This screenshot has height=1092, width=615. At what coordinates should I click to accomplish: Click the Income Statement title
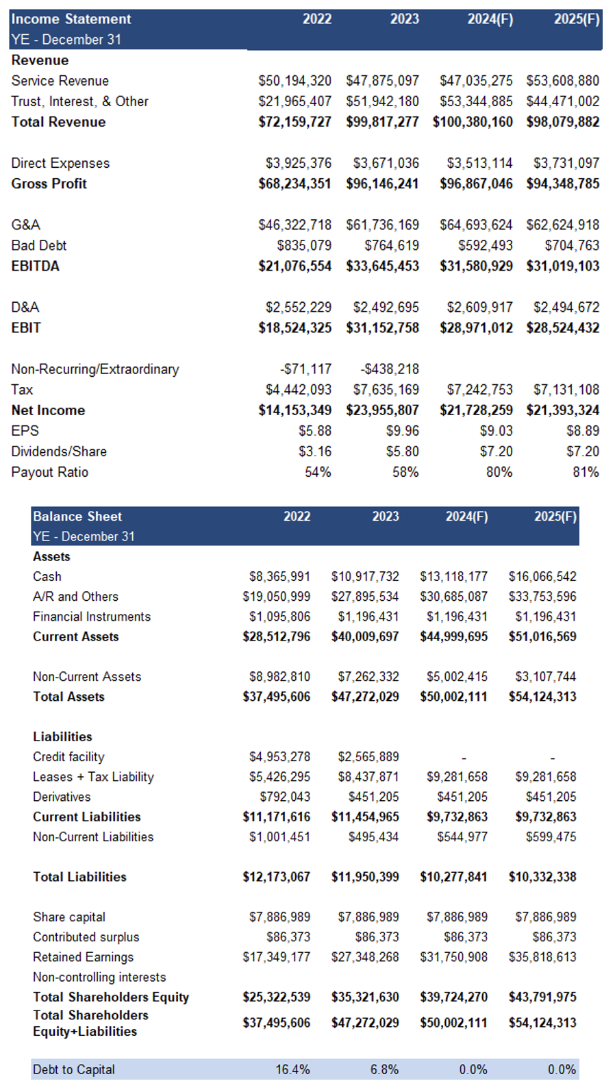pyautogui.click(x=71, y=19)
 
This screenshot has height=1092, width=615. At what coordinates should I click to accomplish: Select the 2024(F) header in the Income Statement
pyautogui.click(x=490, y=19)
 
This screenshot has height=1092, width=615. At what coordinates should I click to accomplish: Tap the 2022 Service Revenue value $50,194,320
pyautogui.click(x=294, y=81)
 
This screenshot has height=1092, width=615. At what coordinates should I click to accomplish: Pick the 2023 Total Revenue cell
pyautogui.click(x=383, y=122)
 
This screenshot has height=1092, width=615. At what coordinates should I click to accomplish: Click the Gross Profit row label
pyautogui.click(x=49, y=184)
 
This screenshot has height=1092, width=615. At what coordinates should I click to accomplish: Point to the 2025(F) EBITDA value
pyautogui.click(x=563, y=266)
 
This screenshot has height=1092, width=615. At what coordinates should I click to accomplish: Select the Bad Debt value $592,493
pyautogui.click(x=486, y=246)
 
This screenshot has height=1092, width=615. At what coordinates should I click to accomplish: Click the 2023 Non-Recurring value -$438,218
pyautogui.click(x=390, y=369)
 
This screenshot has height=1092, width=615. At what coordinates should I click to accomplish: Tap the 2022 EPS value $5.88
pyautogui.click(x=315, y=431)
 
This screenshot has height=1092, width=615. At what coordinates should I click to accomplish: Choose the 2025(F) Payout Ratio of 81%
pyautogui.click(x=586, y=472)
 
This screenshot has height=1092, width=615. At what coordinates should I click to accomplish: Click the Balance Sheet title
pyautogui.click(x=77, y=517)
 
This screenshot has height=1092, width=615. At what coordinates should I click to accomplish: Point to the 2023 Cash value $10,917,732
pyautogui.click(x=366, y=577)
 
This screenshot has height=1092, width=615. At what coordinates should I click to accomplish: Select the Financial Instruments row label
pyautogui.click(x=92, y=617)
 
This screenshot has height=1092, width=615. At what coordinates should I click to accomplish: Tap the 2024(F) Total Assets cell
pyautogui.click(x=454, y=697)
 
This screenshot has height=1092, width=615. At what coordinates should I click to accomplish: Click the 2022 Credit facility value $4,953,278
pyautogui.click(x=280, y=756)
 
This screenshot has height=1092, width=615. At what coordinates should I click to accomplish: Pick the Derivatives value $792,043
pyautogui.click(x=285, y=797)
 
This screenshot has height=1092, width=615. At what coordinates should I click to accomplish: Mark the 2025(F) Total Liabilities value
pyautogui.click(x=543, y=876)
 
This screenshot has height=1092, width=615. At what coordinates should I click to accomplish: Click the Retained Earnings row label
pyautogui.click(x=84, y=957)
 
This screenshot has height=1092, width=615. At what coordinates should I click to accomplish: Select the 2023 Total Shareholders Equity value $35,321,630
pyautogui.click(x=366, y=997)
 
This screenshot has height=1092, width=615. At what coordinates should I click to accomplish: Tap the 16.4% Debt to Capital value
pyautogui.click(x=293, y=1069)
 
